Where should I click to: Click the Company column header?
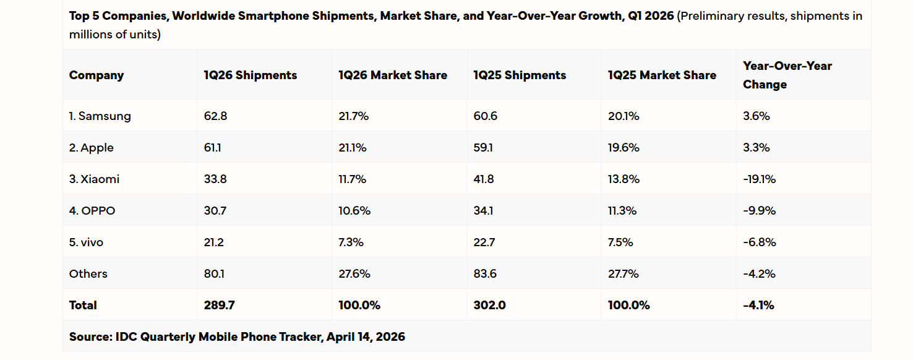coord(96,75)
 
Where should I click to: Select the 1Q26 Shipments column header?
coord(250,75)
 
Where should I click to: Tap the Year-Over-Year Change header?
coord(787,75)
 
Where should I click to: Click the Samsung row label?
coord(100,116)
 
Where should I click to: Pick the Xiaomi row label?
coord(94,179)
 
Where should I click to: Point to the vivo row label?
coord(86,242)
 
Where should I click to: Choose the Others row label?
coord(88,274)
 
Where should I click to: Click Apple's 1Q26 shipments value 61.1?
coord(213,148)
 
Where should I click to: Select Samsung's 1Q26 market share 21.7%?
coord(353,116)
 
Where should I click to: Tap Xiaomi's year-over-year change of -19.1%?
coord(759,179)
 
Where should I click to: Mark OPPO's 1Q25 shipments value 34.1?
coord(484,211)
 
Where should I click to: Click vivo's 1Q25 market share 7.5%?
coord(620,242)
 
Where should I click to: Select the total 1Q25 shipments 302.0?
coord(489,305)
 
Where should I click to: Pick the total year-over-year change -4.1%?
coord(758,305)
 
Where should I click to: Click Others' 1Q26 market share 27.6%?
coord(354,274)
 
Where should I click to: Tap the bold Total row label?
coord(83,305)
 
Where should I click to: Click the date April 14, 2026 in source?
coord(367,336)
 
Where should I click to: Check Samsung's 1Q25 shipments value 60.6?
coord(485,116)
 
